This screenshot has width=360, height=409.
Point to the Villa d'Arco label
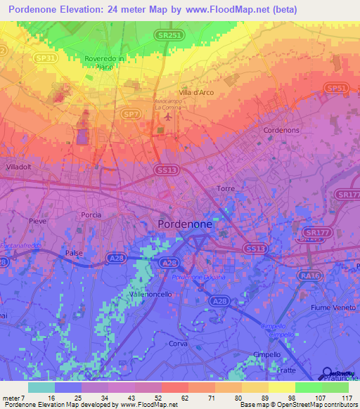pyautogui.click(x=196, y=93)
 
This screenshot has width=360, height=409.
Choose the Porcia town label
pyautogui.click(x=91, y=215)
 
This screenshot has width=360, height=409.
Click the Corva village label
pyautogui.click(x=177, y=343)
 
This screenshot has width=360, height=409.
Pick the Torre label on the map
pyautogui.click(x=226, y=189)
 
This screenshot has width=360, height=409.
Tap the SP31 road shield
pyautogui.click(x=46, y=58)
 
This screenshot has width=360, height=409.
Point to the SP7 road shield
pyautogui.click(x=131, y=113)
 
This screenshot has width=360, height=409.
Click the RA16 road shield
pyautogui.click(x=308, y=277)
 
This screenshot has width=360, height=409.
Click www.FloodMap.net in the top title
pyautogui.click(x=234, y=10)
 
